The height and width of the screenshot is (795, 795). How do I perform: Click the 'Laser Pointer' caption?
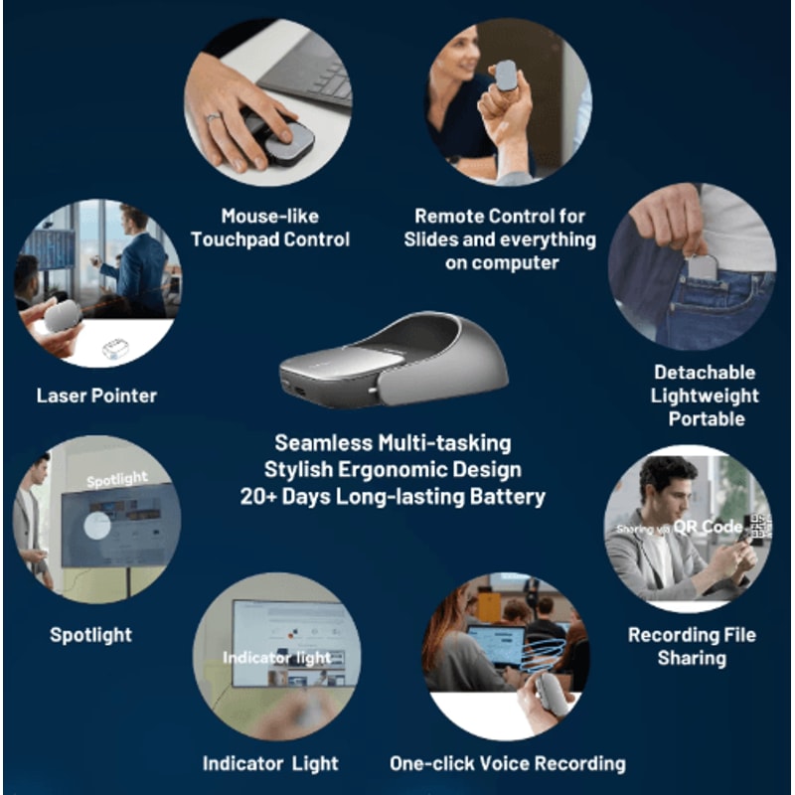(96, 396)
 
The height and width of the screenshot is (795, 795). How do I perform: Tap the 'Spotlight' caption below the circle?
(90, 634)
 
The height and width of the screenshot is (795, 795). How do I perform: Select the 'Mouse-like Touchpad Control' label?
(270, 228)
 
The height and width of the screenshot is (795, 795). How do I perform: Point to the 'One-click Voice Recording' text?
(508, 763)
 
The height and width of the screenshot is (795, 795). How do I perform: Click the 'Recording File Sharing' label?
(692, 646)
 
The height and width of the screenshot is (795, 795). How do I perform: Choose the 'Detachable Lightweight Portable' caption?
(706, 396)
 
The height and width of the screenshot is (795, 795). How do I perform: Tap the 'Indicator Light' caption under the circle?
(270, 763)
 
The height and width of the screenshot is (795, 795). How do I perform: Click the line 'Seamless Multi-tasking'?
(393, 441)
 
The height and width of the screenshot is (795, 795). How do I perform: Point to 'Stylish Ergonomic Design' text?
(393, 469)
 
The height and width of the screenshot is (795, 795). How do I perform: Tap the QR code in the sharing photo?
(760, 527)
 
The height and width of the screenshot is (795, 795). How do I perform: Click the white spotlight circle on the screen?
(97, 524)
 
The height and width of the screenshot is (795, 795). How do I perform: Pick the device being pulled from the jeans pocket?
(703, 266)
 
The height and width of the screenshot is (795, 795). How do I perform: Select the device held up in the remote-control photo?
(506, 76)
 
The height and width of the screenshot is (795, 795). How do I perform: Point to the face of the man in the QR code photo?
(668, 490)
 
